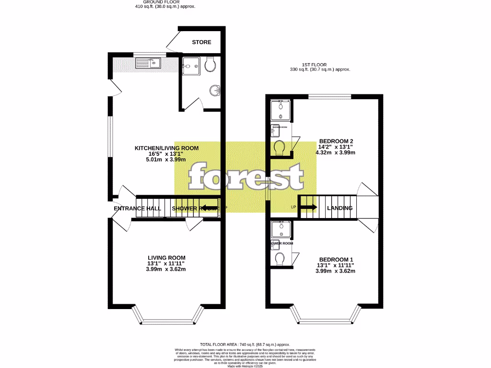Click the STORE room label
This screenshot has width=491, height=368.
[201, 42]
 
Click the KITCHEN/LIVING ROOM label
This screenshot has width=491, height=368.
[166, 148]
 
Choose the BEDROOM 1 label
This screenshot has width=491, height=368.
[335, 259]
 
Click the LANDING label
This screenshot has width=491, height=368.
[339, 208]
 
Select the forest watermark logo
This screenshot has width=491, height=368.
[245, 177]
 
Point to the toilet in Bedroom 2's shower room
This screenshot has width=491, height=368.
[279, 147]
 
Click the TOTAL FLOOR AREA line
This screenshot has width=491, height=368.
[245, 344]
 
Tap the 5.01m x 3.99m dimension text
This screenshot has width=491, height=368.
[166, 160]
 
